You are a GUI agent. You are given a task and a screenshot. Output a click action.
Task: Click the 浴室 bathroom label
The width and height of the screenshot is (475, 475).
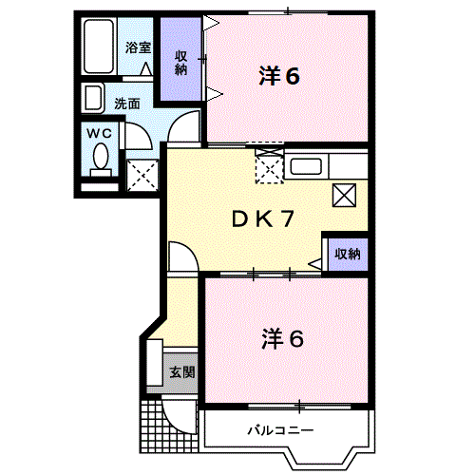138,47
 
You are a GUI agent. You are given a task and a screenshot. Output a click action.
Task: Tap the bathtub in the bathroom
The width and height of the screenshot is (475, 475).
99,47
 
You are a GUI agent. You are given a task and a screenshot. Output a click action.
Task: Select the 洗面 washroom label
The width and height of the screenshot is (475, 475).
127,104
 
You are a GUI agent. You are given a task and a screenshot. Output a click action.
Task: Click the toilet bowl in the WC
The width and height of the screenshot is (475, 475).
101,157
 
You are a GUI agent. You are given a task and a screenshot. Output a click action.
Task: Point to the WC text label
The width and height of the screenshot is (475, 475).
100,133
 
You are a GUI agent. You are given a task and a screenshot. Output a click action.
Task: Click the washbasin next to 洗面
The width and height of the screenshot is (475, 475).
93,98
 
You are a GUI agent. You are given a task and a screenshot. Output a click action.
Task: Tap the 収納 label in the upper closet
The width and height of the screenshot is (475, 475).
180,64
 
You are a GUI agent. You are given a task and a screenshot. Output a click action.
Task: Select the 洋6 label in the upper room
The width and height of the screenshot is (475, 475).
279,76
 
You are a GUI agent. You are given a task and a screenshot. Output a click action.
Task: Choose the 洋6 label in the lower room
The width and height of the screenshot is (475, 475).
282,339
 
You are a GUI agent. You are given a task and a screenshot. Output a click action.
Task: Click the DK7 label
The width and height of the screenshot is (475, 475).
263,219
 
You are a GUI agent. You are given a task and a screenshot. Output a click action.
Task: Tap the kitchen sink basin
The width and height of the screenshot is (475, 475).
306,166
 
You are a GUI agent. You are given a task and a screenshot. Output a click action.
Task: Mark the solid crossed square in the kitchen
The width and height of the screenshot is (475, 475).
344,195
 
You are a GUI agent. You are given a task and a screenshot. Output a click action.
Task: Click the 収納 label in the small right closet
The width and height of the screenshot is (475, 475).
348,254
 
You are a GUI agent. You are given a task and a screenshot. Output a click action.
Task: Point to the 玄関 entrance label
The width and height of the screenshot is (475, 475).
182,372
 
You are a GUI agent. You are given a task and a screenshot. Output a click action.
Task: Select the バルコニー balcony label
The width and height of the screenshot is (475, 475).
280,430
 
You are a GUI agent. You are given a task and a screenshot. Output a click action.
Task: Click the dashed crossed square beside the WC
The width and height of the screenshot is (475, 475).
142,176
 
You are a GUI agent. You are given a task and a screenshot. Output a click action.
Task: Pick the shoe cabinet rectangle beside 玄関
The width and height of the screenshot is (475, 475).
155,363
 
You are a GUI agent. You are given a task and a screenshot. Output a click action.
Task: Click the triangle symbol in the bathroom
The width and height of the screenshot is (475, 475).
146,68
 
